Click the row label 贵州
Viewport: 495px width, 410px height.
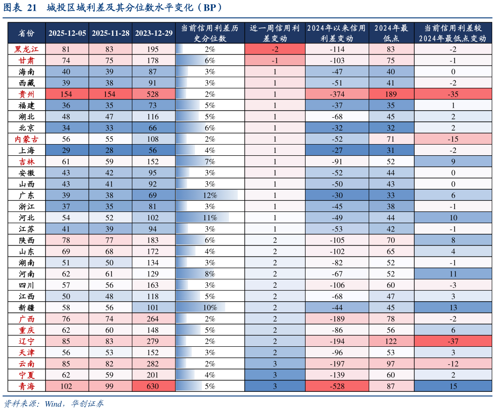coord(26,94)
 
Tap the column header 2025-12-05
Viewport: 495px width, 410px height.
coord(67,33)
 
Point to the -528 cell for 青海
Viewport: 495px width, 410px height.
coord(337,386)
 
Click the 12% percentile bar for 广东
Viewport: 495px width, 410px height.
coord(207,195)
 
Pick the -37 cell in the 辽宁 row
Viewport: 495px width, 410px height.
coord(453,341)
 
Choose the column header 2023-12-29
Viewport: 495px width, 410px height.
coord(154,33)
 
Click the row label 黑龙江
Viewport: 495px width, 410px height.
coord(26,49)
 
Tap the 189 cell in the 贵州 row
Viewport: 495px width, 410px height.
coord(391,94)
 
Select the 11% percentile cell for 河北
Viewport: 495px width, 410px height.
coord(210,218)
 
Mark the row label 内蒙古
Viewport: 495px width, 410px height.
coord(26,139)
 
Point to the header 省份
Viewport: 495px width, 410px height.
coord(26,33)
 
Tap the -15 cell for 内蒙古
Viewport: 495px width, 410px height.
coord(453,139)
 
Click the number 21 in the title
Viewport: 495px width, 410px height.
coord(32,7)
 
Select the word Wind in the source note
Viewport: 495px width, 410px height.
coord(54,403)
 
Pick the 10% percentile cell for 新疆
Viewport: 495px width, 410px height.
coord(210,308)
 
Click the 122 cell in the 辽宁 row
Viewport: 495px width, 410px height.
coord(391,341)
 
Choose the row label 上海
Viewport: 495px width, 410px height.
coord(26,151)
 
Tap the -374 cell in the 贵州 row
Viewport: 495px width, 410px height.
coord(337,94)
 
